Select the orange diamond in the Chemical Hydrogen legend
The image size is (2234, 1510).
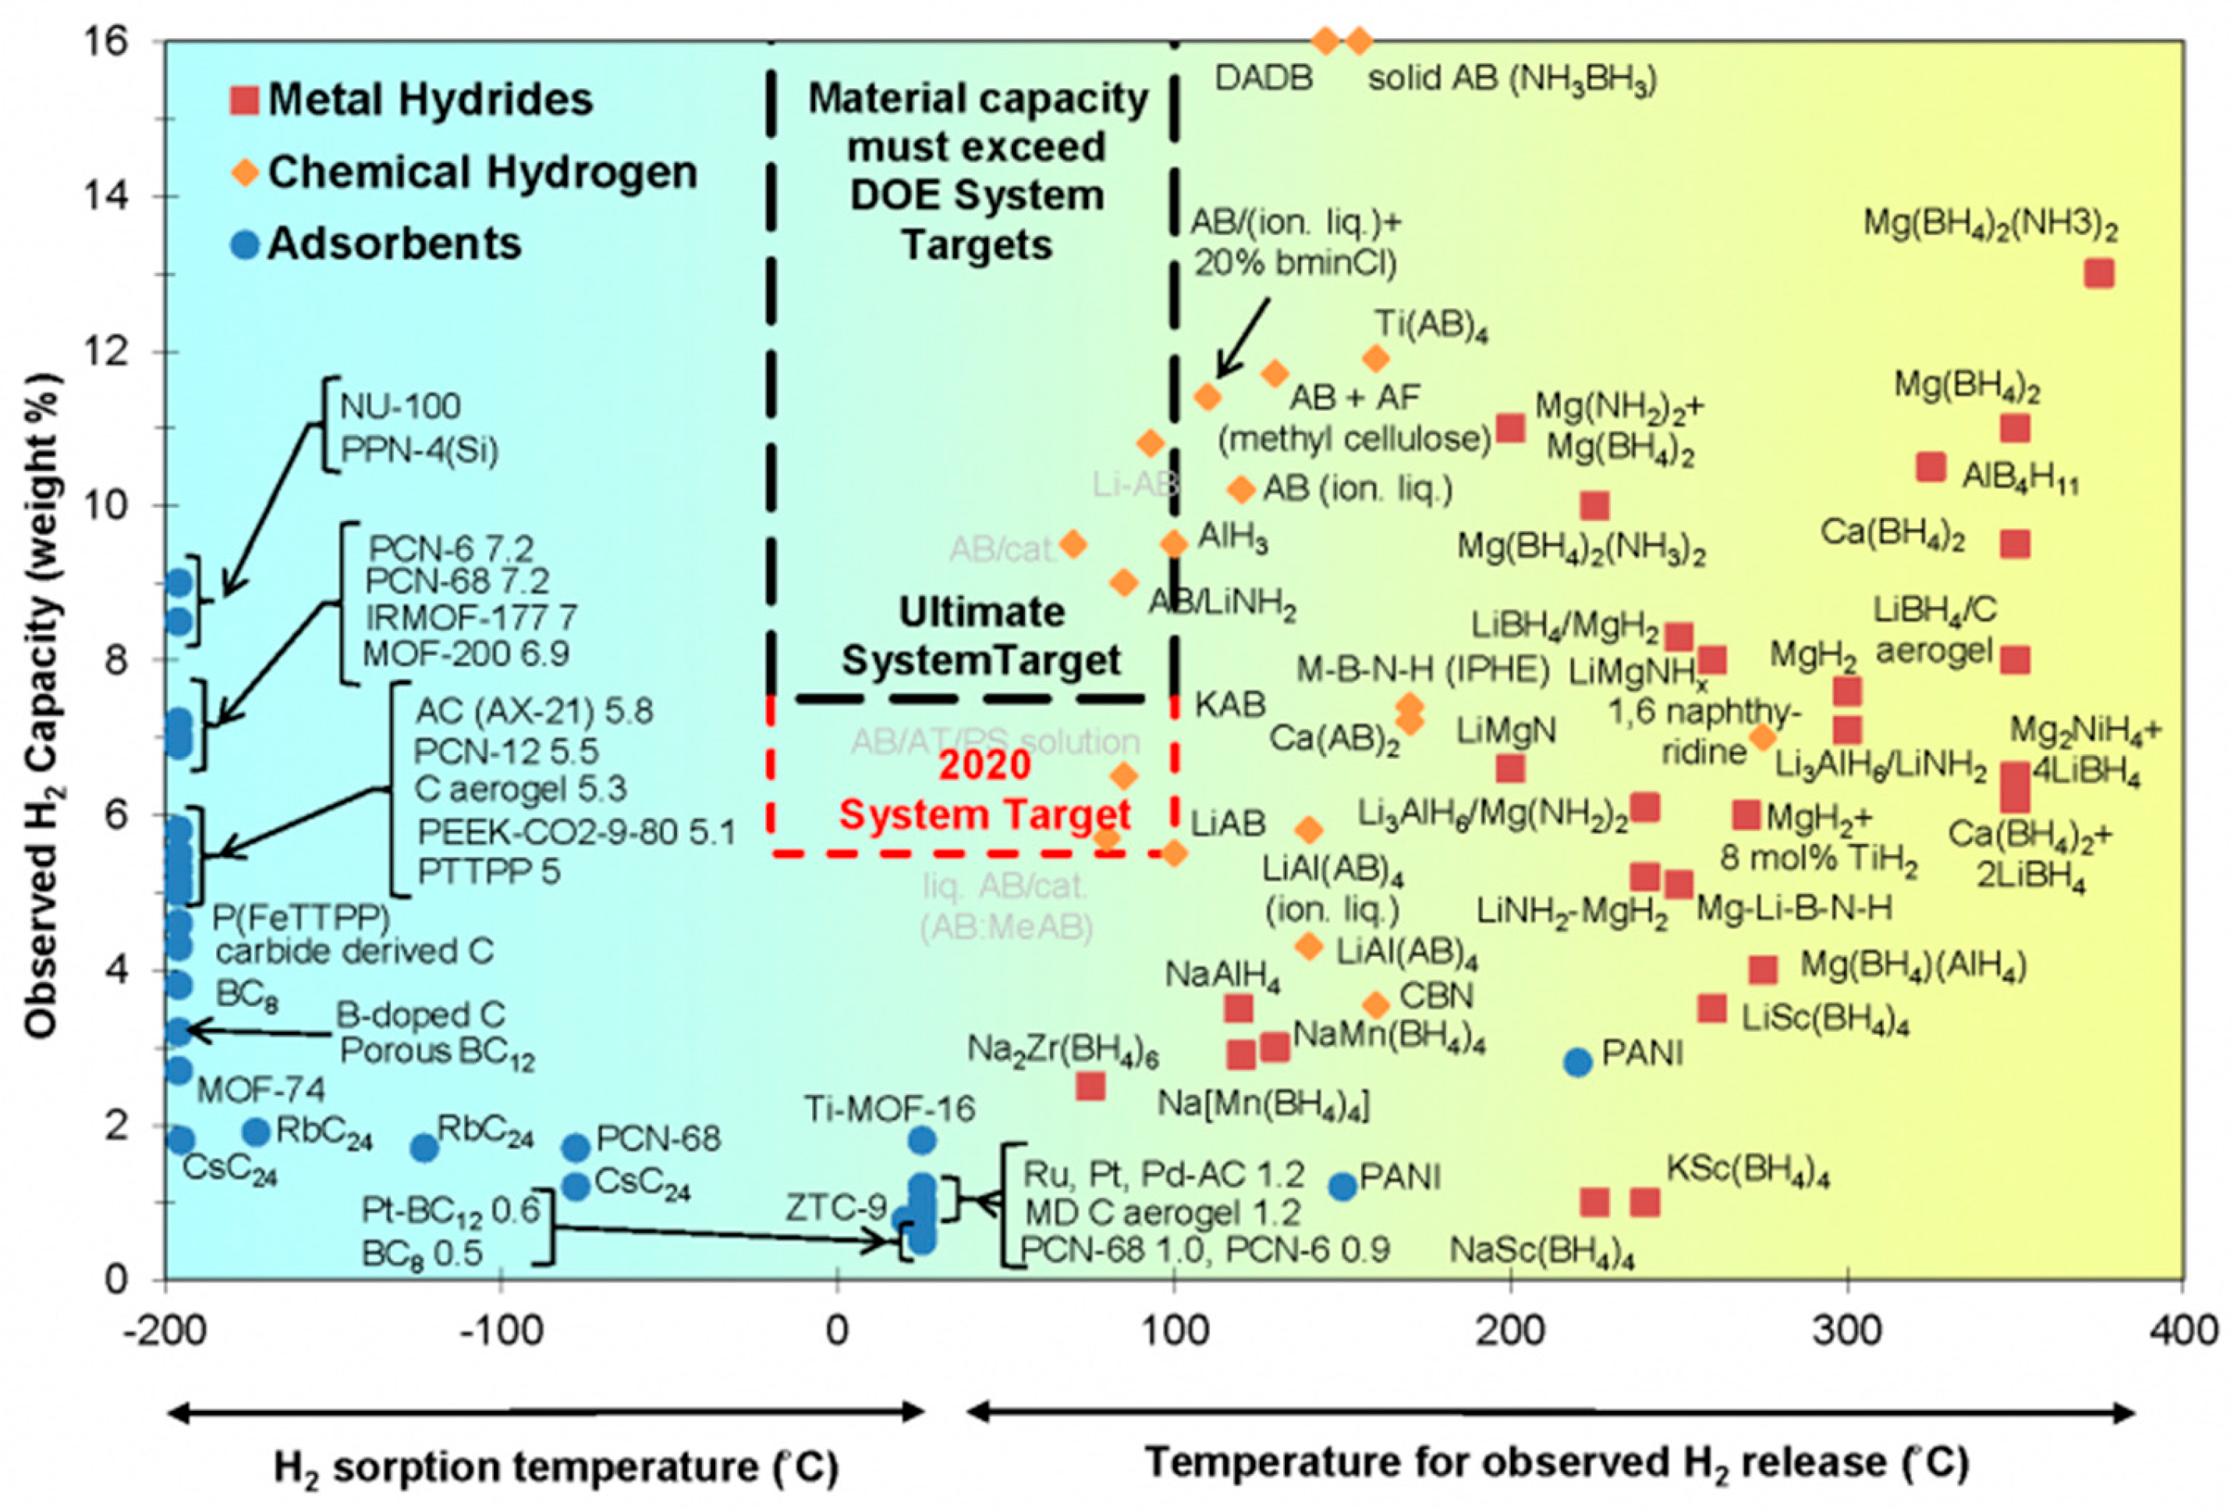click(246, 174)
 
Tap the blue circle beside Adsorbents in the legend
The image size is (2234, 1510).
click(246, 245)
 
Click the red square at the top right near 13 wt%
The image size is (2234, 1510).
click(2099, 273)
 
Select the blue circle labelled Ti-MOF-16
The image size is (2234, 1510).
click(921, 1140)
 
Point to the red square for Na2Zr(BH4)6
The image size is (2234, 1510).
click(1090, 1086)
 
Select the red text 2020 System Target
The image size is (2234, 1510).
click(984, 790)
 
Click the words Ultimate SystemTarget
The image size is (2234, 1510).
click(980, 636)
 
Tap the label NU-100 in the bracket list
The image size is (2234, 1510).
click(400, 406)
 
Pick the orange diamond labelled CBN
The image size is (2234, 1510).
click(1376, 1005)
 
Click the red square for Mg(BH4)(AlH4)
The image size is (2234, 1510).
click(1763, 969)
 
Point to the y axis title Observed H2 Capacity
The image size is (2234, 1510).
click(41, 707)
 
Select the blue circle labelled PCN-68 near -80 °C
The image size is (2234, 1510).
click(575, 1147)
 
